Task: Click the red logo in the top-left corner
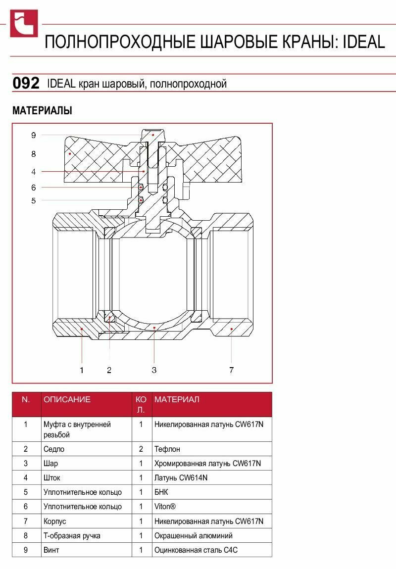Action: [24, 24]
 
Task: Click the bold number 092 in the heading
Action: [26, 83]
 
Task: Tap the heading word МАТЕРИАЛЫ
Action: [43, 110]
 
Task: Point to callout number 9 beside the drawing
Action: [33, 136]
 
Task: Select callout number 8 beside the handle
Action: [33, 154]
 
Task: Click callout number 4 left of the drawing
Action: [33, 172]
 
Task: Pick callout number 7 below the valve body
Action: [232, 370]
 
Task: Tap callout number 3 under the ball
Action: [154, 370]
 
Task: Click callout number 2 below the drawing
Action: [109, 370]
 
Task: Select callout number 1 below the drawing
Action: [82, 370]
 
